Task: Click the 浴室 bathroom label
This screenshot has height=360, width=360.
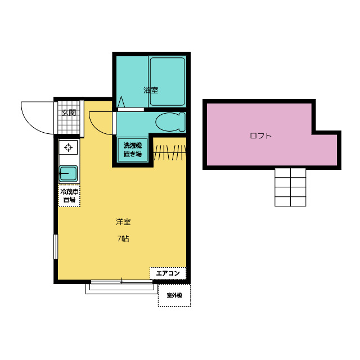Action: (x=150, y=90)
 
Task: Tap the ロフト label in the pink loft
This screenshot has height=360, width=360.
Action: (x=260, y=136)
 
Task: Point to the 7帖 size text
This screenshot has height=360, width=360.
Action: (x=123, y=238)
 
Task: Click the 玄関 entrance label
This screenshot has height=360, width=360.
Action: (x=69, y=113)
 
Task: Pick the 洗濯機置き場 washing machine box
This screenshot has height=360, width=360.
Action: (x=133, y=150)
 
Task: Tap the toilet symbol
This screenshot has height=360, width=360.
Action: (x=170, y=121)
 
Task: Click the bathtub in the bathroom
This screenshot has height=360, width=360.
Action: (x=167, y=82)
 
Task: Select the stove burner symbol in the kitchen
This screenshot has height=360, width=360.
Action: (x=69, y=148)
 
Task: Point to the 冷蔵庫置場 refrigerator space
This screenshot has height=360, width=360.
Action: (x=69, y=195)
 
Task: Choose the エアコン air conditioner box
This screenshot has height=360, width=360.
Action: (x=168, y=273)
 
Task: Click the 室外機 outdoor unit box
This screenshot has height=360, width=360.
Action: (x=174, y=295)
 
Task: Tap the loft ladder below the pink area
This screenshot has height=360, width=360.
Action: (x=290, y=187)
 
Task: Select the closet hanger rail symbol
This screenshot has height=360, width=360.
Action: (x=169, y=152)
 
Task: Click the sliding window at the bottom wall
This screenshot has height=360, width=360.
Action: (x=121, y=287)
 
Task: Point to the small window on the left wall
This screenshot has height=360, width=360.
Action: (x=55, y=246)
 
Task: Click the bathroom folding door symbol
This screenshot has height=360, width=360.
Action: (x=121, y=102)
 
